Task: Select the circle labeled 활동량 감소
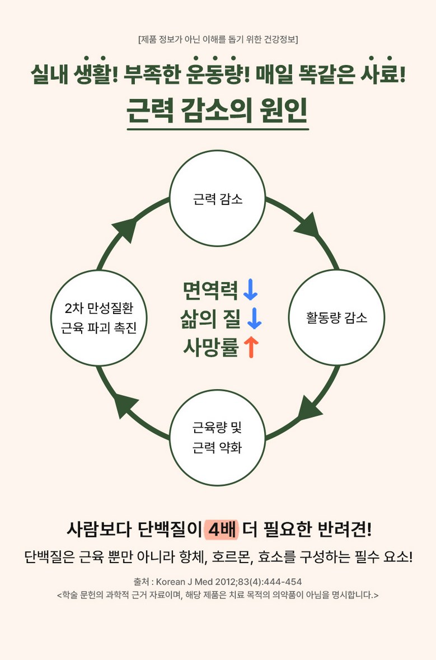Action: (x=336, y=318)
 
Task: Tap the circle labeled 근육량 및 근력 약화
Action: (x=218, y=438)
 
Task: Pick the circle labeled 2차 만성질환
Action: (x=99, y=318)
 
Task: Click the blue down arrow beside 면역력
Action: (x=250, y=290)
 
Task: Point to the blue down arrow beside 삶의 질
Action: (x=254, y=319)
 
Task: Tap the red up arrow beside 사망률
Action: (x=251, y=348)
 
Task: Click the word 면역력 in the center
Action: (x=210, y=290)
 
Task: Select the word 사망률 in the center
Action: (x=210, y=348)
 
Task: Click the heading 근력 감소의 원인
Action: (x=218, y=111)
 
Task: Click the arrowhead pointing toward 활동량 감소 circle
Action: (x=307, y=225)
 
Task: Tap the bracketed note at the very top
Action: (x=218, y=39)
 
